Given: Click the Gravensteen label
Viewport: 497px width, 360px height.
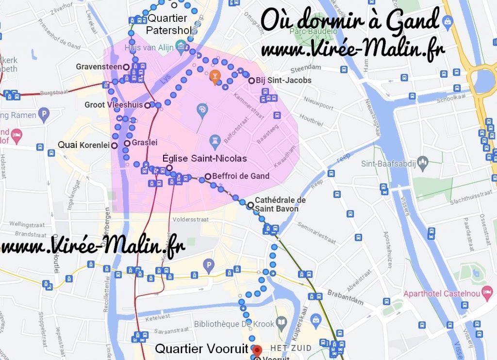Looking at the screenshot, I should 99,66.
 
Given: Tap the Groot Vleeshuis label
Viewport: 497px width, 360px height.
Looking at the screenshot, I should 114,105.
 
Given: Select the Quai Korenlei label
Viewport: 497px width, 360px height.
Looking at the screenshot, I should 83,145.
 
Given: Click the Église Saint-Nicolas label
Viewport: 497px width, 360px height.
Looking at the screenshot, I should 204,159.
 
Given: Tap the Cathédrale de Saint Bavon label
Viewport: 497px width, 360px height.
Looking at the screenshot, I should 280,204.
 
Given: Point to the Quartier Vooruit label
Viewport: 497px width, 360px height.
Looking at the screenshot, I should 201,349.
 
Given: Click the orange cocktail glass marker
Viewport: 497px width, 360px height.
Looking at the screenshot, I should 215,76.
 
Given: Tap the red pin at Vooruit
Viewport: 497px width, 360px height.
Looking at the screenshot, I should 258,350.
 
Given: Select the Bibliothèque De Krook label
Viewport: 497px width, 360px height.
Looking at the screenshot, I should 232,324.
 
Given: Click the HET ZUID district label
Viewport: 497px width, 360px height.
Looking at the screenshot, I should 291,348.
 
